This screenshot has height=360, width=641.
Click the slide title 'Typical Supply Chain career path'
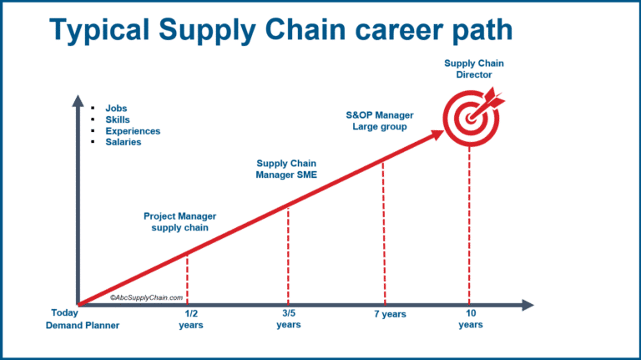(280, 30)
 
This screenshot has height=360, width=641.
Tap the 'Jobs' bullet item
(117, 109)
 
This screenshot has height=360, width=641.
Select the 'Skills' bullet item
(118, 119)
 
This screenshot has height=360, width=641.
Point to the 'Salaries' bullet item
(123, 142)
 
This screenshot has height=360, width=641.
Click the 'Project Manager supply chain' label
(180, 221)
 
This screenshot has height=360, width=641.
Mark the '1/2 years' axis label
(190, 319)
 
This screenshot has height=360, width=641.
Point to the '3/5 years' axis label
(288, 319)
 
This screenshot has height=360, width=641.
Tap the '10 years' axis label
(470, 319)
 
